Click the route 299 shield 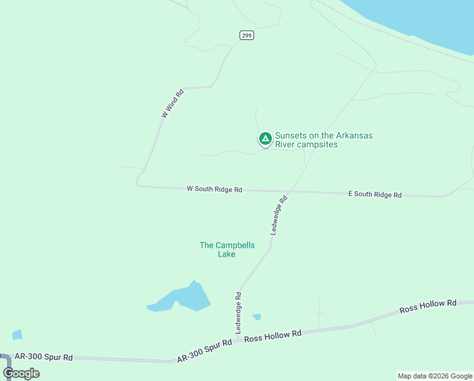coord(247,36)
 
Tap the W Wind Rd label coord(172,103)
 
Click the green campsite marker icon coord(266,138)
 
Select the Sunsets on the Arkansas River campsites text coord(323,140)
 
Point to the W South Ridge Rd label coord(215,189)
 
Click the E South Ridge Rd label coord(375,194)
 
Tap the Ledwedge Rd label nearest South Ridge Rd coord(279,215)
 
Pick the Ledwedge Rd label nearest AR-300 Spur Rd coord(239,312)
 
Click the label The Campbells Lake coord(227,250)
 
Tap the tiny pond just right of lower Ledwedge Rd coord(257,317)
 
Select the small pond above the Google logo coord(17,335)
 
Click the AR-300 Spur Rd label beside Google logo coord(44,358)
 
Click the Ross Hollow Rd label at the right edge coord(428,307)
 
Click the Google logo coord(21,373)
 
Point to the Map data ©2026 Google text coord(435,376)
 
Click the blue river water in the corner coord(431,19)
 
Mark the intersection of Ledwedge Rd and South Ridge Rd coord(290,191)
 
